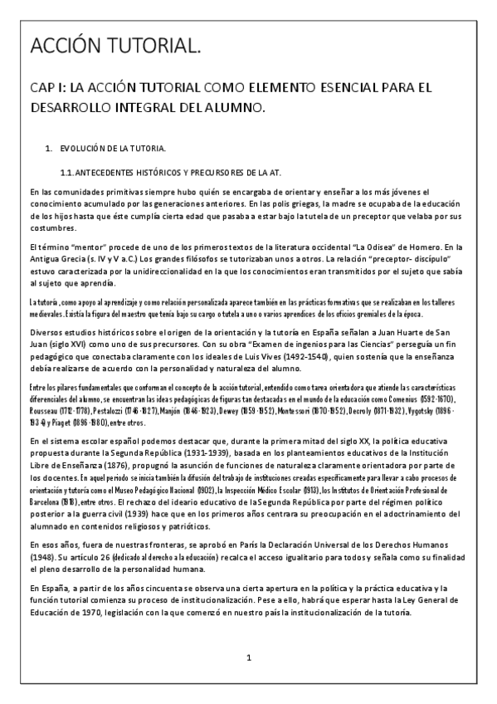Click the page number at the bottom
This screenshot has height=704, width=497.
(248, 658)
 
